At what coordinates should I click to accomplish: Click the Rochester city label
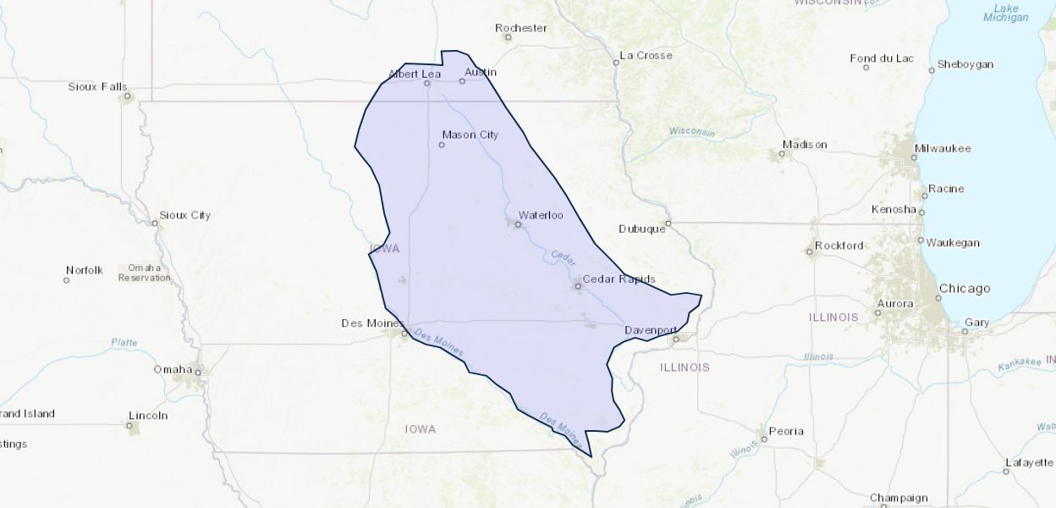pos(521,28)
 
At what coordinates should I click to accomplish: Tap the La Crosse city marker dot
pos(616,62)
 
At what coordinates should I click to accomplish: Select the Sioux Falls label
pos(97,86)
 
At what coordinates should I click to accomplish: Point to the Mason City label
pos(470,135)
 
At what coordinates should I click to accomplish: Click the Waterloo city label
pos(540,215)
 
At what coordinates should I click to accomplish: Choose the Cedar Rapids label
pos(619,279)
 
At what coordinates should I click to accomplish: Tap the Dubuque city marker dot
pos(668,224)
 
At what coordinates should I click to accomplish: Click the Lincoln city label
pos(148,416)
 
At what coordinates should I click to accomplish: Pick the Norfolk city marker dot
pos(67,280)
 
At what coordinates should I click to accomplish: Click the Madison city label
pos(804,145)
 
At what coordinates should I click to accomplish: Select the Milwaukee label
pos(942,149)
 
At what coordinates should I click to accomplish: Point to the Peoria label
pos(785,431)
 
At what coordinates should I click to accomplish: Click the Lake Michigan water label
pos(1006,13)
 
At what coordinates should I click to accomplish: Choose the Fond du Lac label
pos(882,58)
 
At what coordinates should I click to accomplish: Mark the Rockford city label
pos(839,246)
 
